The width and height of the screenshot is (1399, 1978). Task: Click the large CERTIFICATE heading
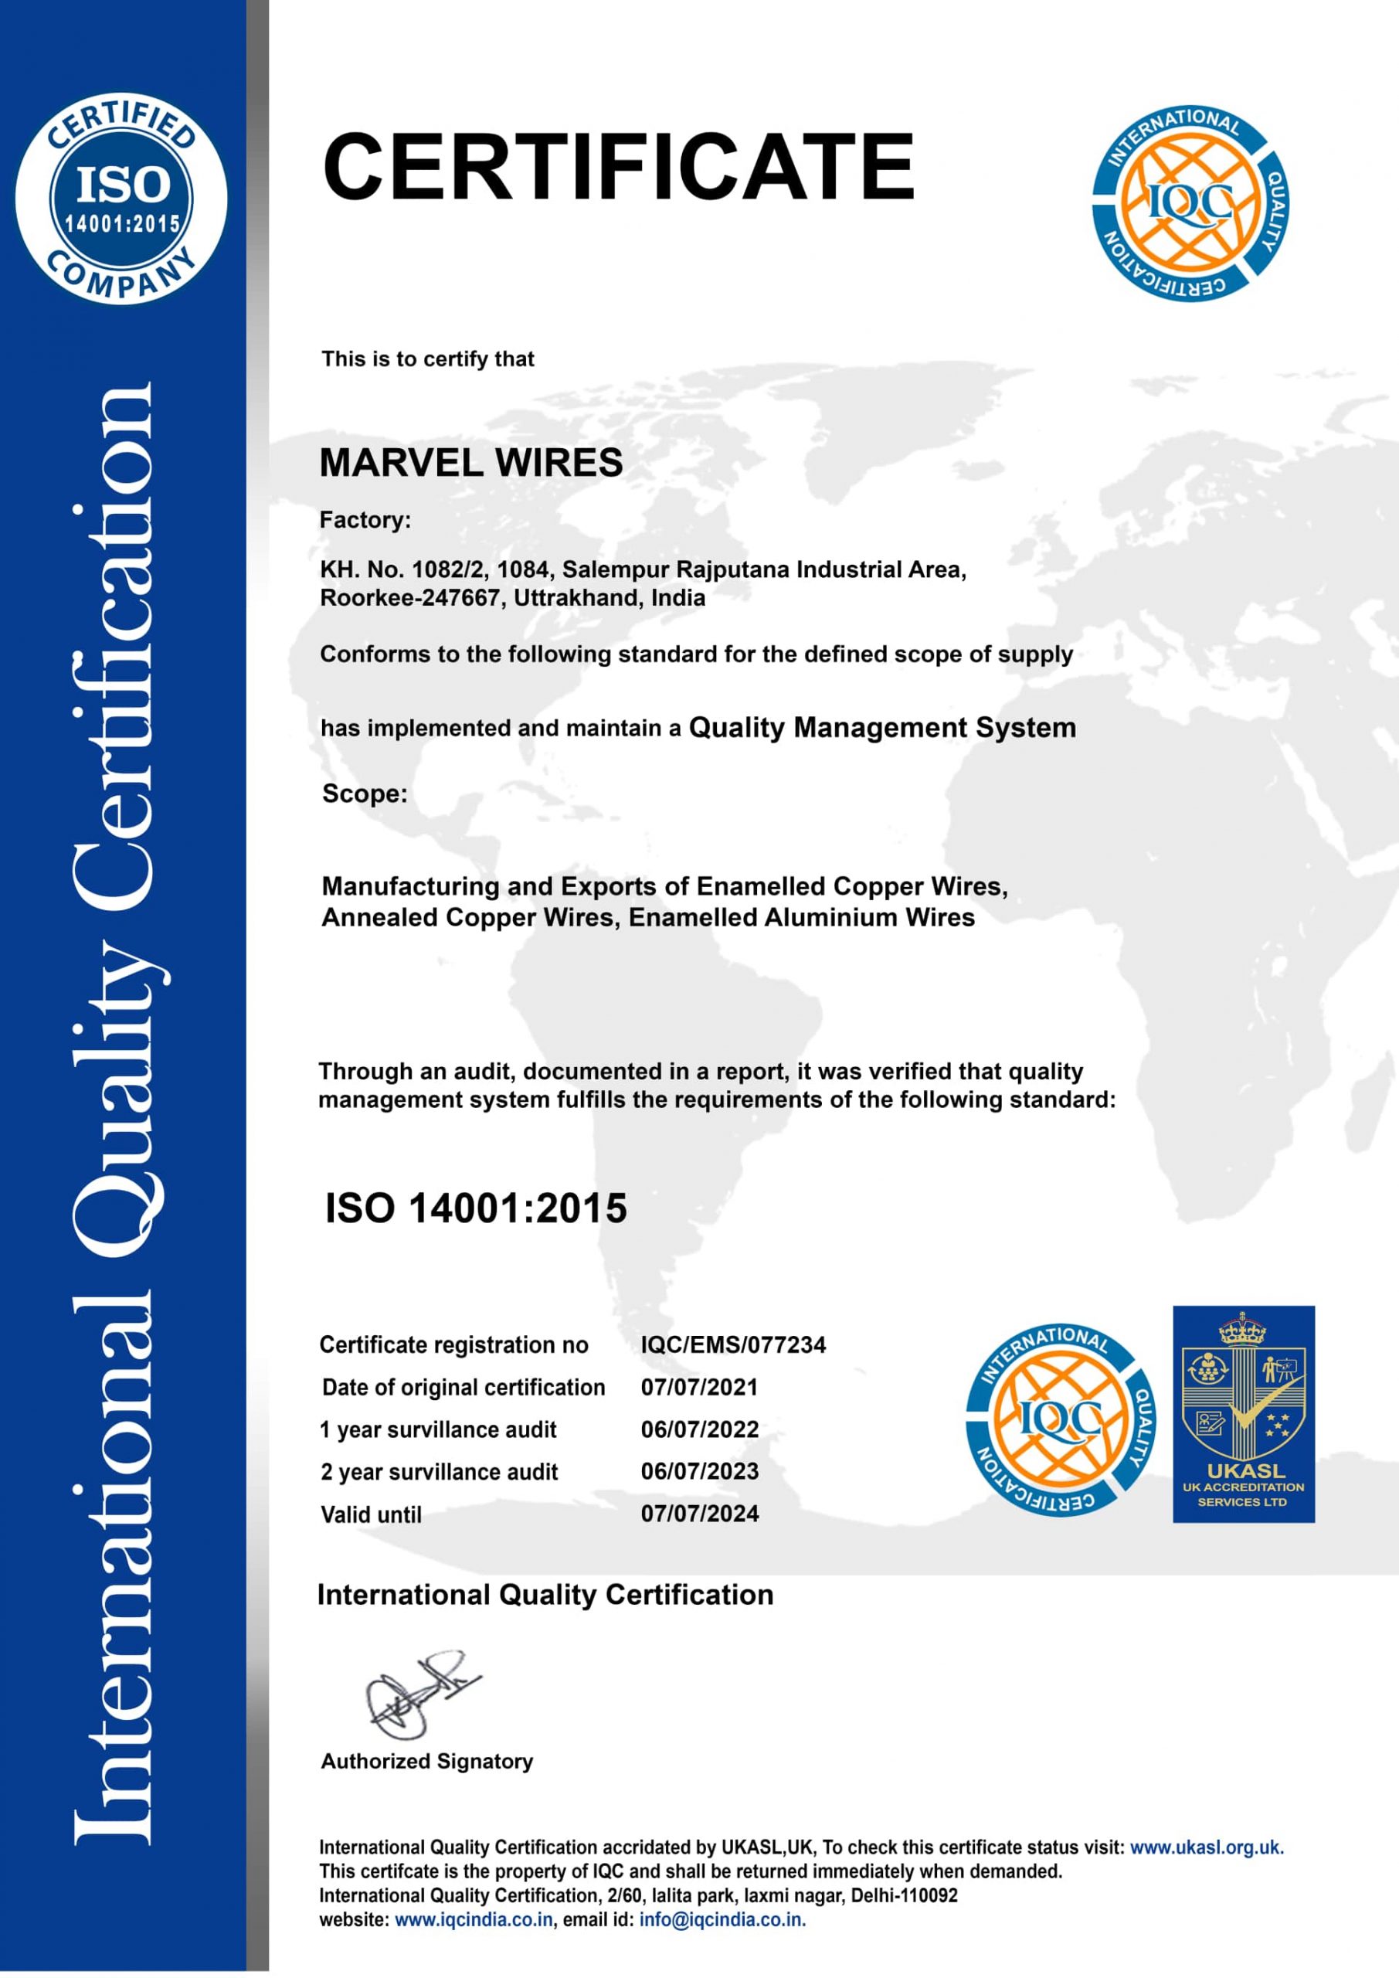(x=618, y=166)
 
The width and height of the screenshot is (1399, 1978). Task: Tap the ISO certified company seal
(x=121, y=198)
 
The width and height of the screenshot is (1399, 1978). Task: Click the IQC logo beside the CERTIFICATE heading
(x=1190, y=204)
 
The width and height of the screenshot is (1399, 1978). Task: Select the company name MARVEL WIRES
(x=470, y=464)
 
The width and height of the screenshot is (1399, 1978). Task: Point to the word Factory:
(x=365, y=520)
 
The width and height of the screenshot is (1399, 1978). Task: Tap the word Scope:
(x=365, y=794)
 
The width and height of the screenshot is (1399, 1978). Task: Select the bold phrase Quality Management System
(x=882, y=728)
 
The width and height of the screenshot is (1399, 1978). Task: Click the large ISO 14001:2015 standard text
(x=476, y=1208)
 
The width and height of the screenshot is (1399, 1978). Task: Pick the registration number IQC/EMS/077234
(x=733, y=1344)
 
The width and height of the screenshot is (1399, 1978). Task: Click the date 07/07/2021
(x=700, y=1387)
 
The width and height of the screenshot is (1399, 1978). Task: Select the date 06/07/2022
(x=700, y=1429)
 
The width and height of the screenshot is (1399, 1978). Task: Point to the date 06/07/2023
(x=700, y=1471)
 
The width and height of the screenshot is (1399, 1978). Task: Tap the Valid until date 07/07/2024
(x=700, y=1514)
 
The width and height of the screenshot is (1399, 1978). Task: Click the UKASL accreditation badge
(x=1243, y=1414)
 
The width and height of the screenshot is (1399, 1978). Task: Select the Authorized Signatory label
(x=427, y=1761)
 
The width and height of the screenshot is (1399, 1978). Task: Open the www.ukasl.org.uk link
(x=1206, y=1847)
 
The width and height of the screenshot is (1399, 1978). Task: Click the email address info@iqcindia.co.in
(x=722, y=1919)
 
